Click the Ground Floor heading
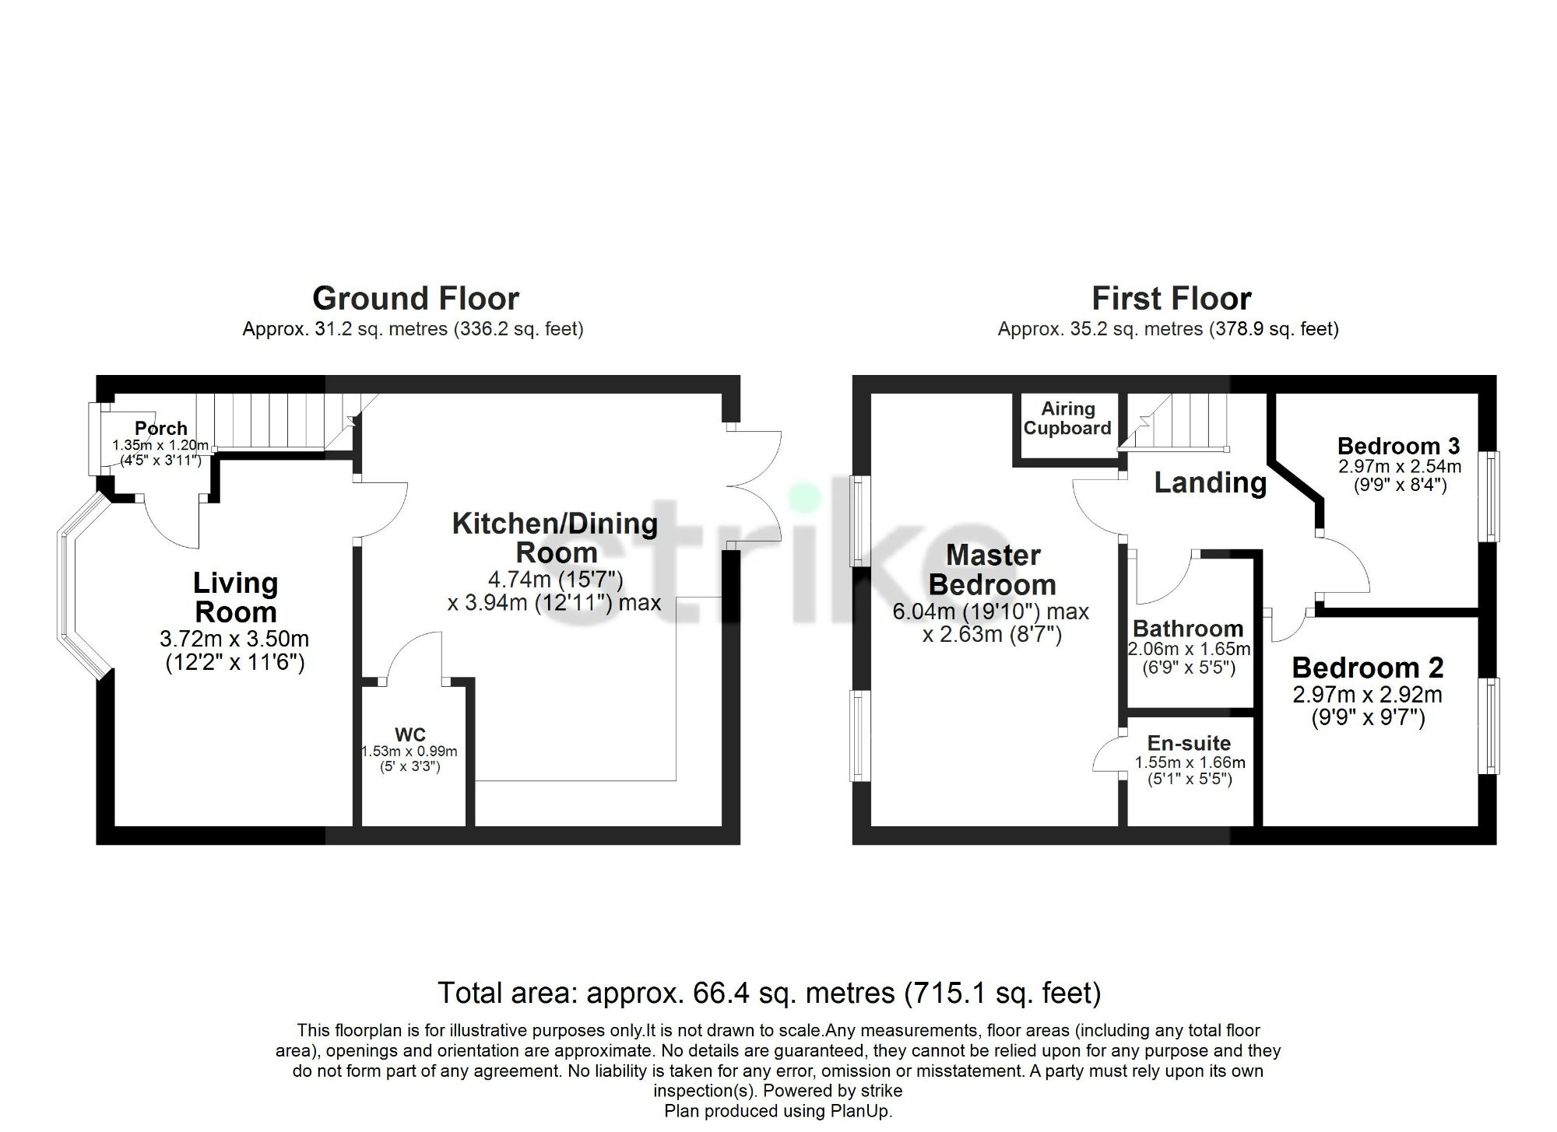coord(415,299)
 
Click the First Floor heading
coord(1171,299)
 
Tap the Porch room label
coord(161,428)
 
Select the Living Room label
coord(235,597)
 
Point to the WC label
coord(409,734)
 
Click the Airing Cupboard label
coord(1067,419)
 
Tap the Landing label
coord(1210,483)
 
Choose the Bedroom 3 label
coord(1398,446)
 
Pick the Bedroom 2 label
coord(1368,668)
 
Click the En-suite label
coord(1189,743)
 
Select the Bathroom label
coord(1188,628)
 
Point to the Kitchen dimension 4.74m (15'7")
coord(555,580)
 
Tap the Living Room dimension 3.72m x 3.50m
coord(234,639)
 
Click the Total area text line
coord(769,994)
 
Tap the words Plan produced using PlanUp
coord(778,1111)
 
